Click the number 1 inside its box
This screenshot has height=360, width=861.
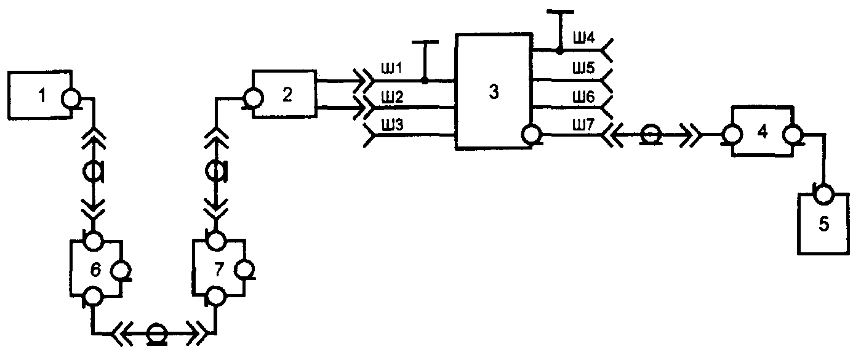(42, 95)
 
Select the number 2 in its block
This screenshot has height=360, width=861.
(287, 95)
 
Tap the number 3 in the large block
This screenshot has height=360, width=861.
(494, 92)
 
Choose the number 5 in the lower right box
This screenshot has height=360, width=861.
(824, 224)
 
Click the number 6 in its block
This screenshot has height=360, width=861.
(95, 270)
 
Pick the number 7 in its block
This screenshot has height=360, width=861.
(218, 270)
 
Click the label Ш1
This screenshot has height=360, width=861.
(391, 68)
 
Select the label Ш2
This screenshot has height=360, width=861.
(391, 97)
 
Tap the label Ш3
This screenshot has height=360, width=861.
(391, 125)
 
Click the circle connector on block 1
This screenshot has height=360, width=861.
(71, 98)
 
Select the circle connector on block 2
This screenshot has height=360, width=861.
(254, 98)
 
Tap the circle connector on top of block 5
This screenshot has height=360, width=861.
(823, 194)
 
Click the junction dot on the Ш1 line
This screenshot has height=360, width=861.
(425, 81)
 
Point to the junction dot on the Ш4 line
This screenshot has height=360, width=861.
(560, 50)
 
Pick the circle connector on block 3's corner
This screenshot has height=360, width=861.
(532, 135)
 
